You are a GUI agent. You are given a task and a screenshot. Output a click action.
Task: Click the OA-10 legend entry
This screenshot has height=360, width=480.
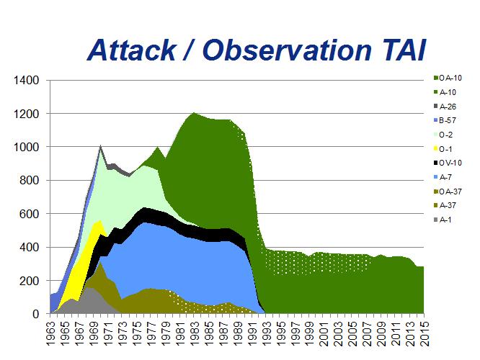tap(448, 77)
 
